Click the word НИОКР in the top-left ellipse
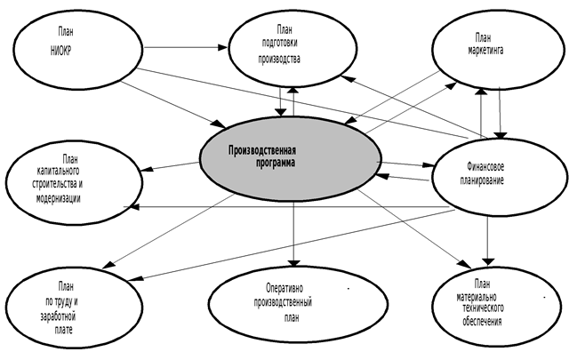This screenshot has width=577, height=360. click(x=61, y=50)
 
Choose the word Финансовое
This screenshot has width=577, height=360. click(x=486, y=167)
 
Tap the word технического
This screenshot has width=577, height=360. click(x=483, y=308)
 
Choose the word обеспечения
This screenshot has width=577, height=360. click(x=483, y=321)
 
